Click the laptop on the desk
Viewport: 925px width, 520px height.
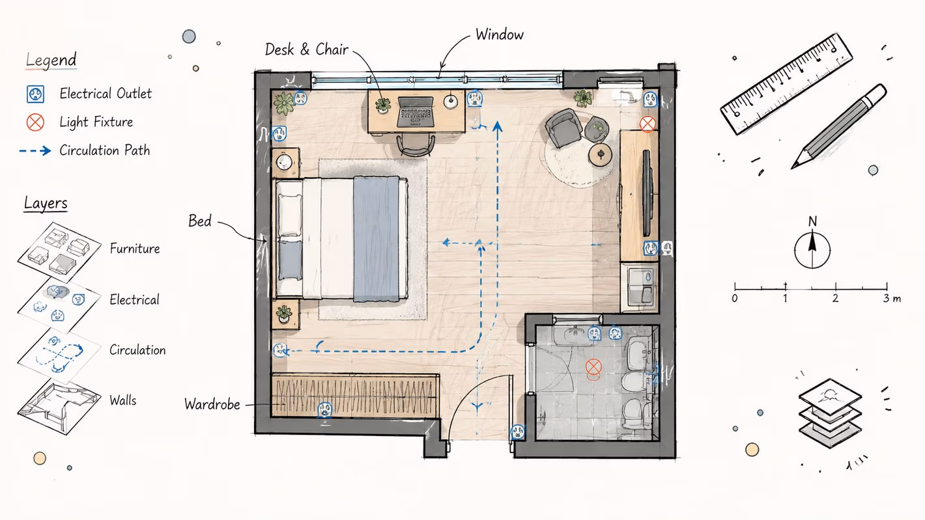(416, 112)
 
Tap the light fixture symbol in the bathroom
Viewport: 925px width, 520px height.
(593, 366)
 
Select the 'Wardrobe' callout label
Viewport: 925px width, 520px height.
(212, 404)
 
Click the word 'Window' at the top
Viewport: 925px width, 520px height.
(500, 34)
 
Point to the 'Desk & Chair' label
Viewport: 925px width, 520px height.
(306, 49)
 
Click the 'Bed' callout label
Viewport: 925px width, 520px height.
(200, 221)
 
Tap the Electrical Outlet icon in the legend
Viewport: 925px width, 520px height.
(36, 94)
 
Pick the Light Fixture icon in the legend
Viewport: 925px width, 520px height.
(36, 122)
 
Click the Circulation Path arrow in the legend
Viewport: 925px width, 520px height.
(35, 150)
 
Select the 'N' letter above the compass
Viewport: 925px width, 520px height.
(813, 222)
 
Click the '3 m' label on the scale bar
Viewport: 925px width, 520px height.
(892, 298)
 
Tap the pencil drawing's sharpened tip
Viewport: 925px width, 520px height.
(793, 167)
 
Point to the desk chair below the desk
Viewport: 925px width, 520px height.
(416, 145)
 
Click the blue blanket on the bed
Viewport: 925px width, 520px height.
(377, 239)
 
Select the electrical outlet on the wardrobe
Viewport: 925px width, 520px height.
(324, 410)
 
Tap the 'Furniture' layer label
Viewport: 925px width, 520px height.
(135, 249)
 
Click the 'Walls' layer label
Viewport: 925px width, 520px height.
(122, 400)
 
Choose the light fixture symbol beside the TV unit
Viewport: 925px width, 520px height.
(647, 124)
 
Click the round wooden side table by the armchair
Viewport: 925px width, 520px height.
(600, 155)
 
